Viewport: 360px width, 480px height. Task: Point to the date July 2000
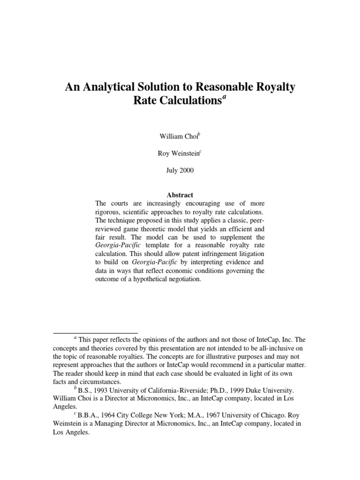coord(180,170)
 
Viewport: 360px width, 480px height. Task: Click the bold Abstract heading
coord(180,195)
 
